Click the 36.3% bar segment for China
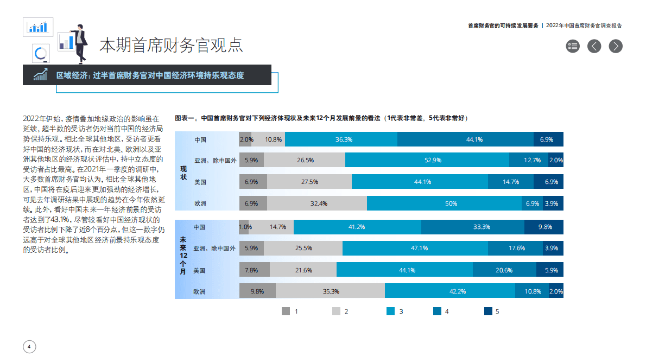click(341, 139)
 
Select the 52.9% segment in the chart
click(427, 160)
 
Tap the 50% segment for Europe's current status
click(444, 203)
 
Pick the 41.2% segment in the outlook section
click(357, 227)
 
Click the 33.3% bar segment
click(472, 227)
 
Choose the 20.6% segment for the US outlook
click(504, 270)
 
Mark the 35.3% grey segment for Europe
click(331, 291)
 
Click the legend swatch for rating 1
click(286, 311)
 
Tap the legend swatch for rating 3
click(390, 311)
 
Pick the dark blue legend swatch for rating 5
click(488, 311)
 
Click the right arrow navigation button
click(615, 46)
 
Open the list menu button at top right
click(573, 46)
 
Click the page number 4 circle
click(29, 347)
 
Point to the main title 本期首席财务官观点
click(171, 46)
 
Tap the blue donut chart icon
click(41, 54)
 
